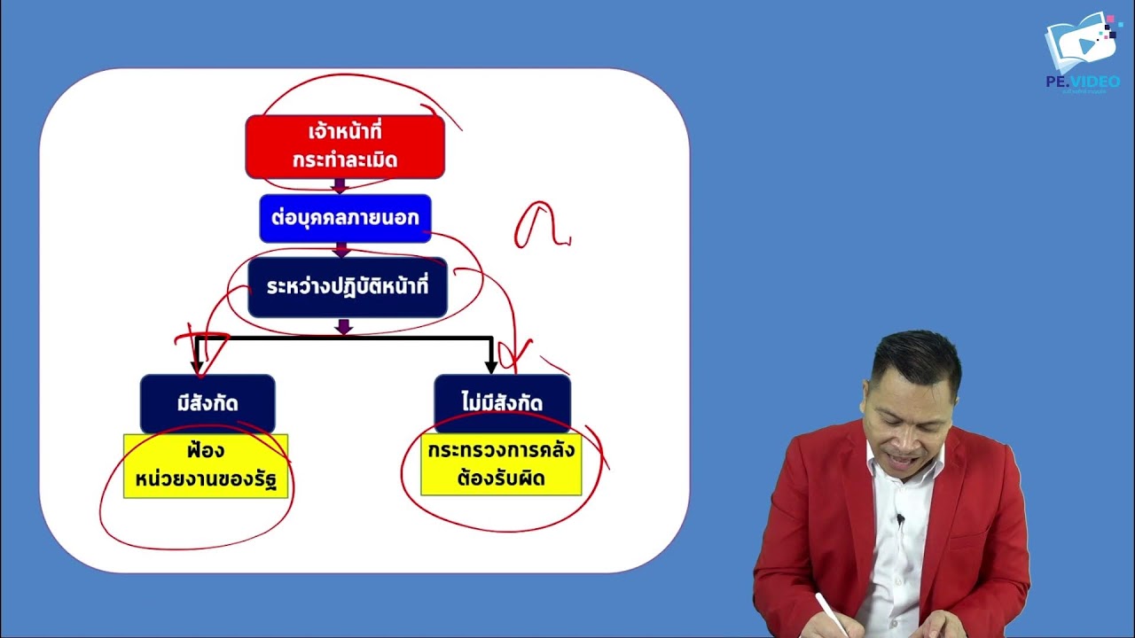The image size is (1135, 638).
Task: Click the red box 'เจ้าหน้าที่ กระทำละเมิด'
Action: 345,146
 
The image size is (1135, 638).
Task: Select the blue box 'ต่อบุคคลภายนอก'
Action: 345,218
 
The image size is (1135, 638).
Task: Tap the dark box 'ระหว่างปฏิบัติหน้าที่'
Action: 348,287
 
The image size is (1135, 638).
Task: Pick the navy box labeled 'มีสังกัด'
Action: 207,403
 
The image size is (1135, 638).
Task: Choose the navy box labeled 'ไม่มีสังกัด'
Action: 502,403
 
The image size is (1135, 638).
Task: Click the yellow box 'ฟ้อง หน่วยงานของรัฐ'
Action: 206,466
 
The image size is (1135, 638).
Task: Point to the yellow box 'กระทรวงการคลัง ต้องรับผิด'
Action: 501,464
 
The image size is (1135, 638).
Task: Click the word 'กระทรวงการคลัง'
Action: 501,450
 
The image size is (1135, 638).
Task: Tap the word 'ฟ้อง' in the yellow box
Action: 207,451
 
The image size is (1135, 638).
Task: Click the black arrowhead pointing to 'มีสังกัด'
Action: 197,365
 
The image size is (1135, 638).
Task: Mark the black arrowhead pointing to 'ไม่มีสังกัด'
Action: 490,365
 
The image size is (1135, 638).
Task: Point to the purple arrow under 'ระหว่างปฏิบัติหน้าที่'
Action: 345,327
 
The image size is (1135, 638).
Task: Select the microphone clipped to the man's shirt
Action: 899,519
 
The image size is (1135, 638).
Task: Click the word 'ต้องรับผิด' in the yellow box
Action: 501,479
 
